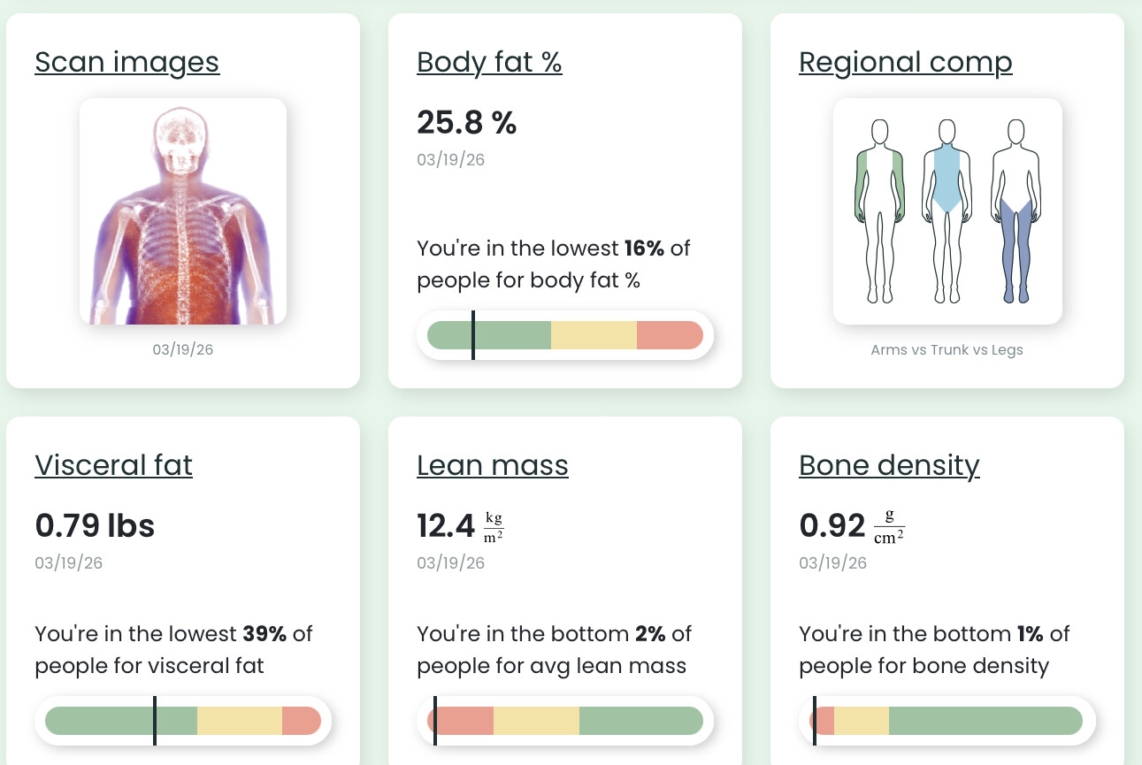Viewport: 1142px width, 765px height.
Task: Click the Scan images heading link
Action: click(126, 63)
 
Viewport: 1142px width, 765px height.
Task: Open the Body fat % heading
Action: click(489, 63)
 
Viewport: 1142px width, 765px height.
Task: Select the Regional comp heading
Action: click(905, 63)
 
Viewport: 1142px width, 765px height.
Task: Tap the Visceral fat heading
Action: click(113, 465)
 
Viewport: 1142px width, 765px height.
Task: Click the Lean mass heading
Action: click(492, 465)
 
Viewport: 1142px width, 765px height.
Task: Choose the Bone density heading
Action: click(889, 465)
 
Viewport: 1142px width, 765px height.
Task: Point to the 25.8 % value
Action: click(466, 123)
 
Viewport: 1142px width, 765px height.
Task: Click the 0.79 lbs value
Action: click(95, 526)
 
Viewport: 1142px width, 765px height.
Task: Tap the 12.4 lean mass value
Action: click(447, 526)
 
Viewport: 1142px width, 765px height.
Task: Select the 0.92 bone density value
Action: click(832, 526)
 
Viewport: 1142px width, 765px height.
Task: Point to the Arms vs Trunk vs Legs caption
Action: click(947, 349)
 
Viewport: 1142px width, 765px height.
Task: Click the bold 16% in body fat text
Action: click(644, 249)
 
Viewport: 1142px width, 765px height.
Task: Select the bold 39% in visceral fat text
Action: click(264, 634)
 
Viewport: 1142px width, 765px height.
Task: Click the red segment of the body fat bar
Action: click(669, 335)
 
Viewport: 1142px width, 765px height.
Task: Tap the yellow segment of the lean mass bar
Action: click(536, 721)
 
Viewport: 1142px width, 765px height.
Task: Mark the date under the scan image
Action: click(182, 349)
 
